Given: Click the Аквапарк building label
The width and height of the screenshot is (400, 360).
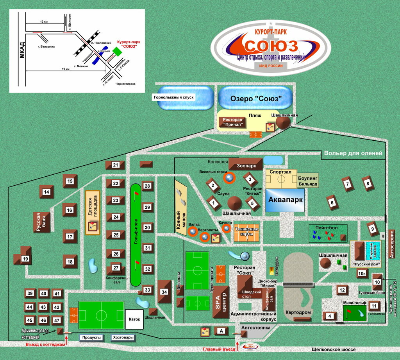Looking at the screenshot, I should coord(285,200).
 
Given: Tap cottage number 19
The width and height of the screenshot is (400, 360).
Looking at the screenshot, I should coord(25,258).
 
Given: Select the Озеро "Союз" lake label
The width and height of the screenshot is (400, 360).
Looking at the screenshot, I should coord(255,98).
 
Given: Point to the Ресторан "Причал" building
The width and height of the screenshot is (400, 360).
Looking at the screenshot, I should coord(234,122).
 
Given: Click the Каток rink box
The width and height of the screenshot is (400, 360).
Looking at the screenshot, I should coord(134,319).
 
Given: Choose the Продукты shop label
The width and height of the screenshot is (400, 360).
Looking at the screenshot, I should coord(91,337).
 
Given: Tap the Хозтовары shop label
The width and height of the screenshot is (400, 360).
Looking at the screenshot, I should coord(123,337).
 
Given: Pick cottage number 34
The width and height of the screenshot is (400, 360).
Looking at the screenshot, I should coord(164,292).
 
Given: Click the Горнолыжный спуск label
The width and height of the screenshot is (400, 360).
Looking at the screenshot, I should coord(173,98).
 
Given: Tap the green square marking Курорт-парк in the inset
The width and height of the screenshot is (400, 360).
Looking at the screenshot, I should coord(117,51).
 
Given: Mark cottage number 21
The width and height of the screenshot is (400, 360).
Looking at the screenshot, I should coord(116,165).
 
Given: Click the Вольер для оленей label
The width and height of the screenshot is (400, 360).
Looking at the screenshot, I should coord(353,154).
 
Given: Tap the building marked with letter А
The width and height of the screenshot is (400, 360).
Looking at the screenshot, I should coord(221,331).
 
